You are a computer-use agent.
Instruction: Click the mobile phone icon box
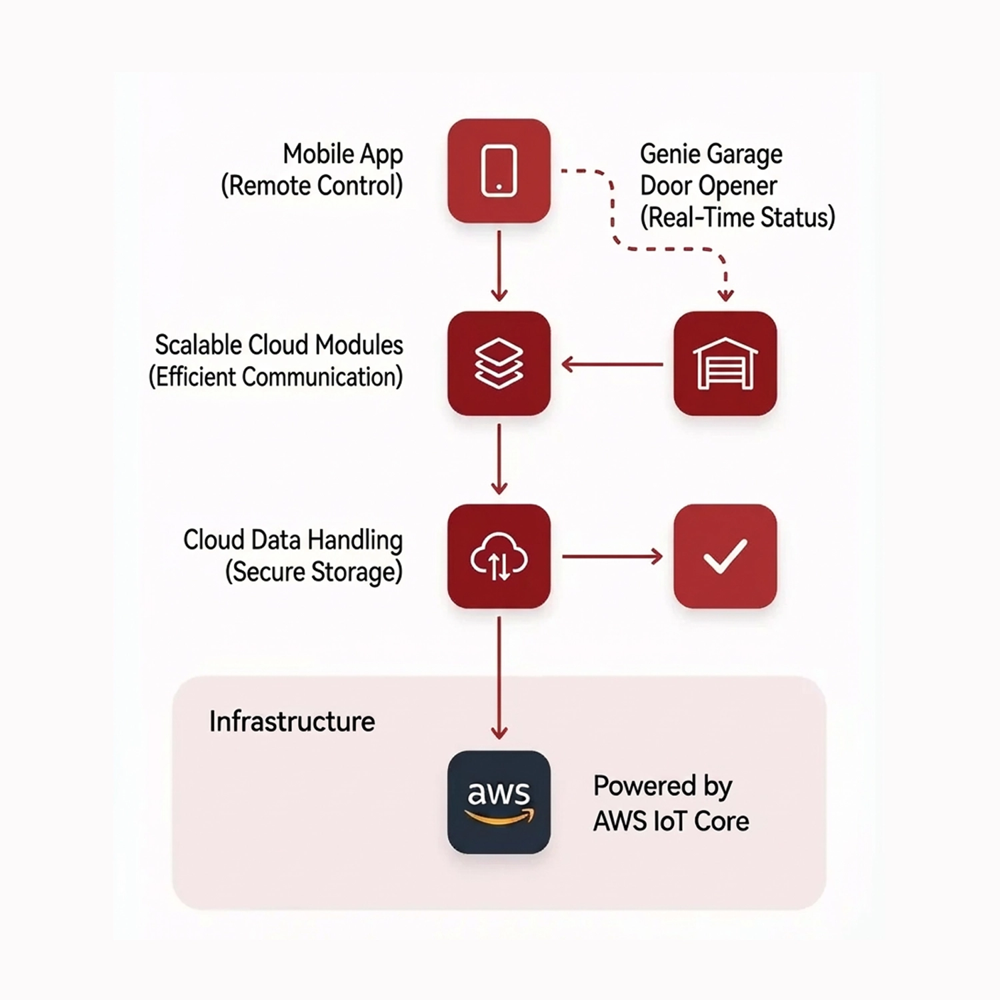tap(499, 171)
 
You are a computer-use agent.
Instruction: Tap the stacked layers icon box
tap(499, 363)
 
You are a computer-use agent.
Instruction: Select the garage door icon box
tap(725, 363)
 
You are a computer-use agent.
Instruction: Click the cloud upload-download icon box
tap(499, 556)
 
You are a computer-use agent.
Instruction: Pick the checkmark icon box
tap(725, 556)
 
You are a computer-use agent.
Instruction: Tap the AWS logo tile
tap(499, 802)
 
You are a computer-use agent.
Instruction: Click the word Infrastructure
tap(292, 721)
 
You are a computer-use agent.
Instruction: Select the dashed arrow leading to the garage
tap(667, 249)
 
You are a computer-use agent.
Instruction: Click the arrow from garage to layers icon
tap(612, 364)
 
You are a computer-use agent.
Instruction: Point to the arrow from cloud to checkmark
tap(612, 556)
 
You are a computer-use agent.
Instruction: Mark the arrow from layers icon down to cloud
tap(499, 459)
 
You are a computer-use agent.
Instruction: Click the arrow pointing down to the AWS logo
tap(499, 677)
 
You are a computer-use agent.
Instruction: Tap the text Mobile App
tap(343, 154)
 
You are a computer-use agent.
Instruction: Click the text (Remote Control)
tap(312, 186)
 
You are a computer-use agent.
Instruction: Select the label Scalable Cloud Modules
tap(279, 345)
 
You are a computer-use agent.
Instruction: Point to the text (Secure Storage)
tap(314, 572)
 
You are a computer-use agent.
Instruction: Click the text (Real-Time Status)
tap(737, 218)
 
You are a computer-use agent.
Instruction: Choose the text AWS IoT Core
tap(671, 821)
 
